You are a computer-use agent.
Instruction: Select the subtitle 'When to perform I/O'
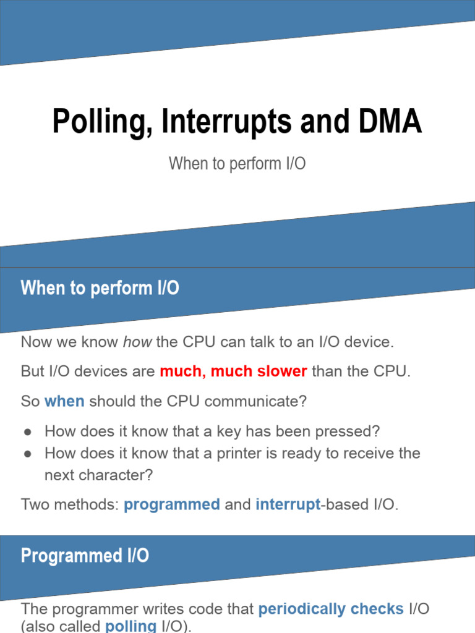237,164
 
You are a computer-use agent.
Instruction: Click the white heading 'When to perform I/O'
100,289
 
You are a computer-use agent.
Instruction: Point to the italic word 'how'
137,342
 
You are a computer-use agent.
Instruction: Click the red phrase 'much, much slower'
233,372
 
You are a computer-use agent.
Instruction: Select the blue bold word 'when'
64,401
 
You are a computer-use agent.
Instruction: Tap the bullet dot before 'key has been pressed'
27,431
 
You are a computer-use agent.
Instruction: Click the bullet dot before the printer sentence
27,454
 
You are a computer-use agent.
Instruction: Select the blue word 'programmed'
172,504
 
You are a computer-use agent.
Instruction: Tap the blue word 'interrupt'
288,504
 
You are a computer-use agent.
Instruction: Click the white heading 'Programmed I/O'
85,556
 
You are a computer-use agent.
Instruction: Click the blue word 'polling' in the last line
131,626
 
